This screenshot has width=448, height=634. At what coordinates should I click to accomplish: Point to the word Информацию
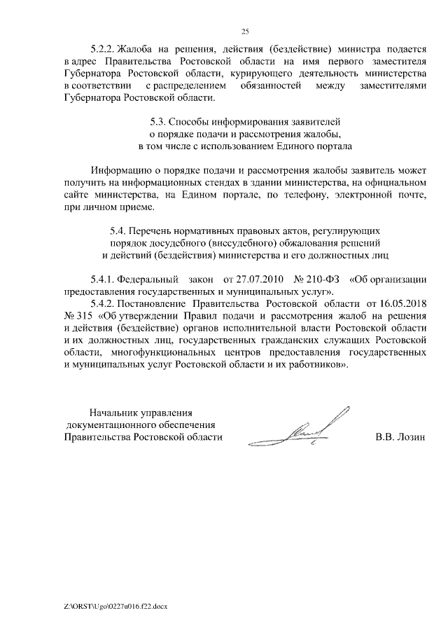coord(120,171)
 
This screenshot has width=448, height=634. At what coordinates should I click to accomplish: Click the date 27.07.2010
coord(255,280)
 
